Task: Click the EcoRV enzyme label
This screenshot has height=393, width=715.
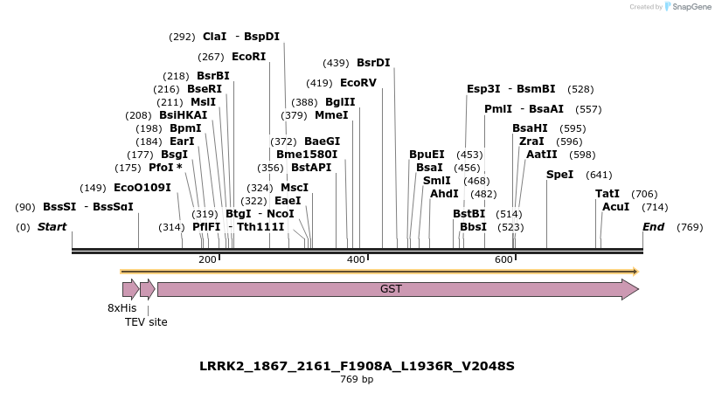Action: [x=357, y=83]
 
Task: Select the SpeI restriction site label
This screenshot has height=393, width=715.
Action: [x=559, y=175]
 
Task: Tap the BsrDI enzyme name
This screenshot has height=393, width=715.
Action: [x=373, y=63]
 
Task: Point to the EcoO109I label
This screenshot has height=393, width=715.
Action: [x=142, y=188]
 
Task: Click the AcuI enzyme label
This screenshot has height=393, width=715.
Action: [x=616, y=207]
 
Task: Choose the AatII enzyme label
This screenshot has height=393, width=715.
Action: [x=541, y=155]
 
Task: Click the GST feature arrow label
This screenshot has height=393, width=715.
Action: [x=391, y=288]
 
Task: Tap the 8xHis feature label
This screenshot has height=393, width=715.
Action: [x=122, y=308]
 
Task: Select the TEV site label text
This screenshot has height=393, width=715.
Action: [x=146, y=322]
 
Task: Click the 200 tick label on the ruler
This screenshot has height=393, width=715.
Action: [x=208, y=259]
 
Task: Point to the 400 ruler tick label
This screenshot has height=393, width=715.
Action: [x=357, y=259]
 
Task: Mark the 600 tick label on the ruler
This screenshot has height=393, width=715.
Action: [x=504, y=259]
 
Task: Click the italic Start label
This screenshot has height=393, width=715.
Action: [x=52, y=227]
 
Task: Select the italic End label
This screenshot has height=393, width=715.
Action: [x=653, y=227]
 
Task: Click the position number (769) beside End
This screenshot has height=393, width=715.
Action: [x=690, y=227]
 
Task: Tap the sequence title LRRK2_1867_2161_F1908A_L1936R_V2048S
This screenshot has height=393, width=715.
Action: [x=357, y=365]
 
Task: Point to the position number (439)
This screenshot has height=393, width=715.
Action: [x=336, y=63]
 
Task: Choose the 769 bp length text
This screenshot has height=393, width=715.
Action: [x=357, y=380]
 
